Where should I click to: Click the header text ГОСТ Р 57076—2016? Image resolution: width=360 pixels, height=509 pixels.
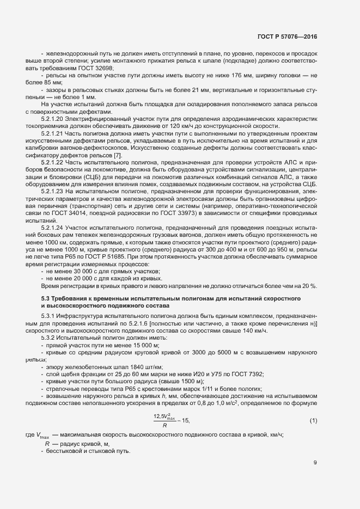(287, 36)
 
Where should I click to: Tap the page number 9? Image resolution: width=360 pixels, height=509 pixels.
(315, 463)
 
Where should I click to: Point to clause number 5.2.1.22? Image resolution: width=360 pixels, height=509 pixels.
(53, 162)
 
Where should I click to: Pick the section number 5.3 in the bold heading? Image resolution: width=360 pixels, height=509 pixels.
(46, 298)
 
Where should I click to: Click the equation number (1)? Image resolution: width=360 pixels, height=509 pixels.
(313, 420)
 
